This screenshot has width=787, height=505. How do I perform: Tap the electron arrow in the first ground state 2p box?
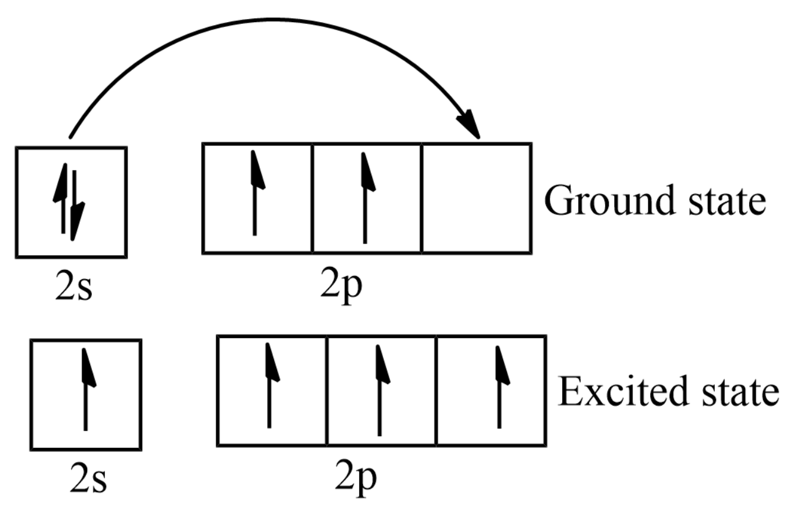[x=256, y=194]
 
